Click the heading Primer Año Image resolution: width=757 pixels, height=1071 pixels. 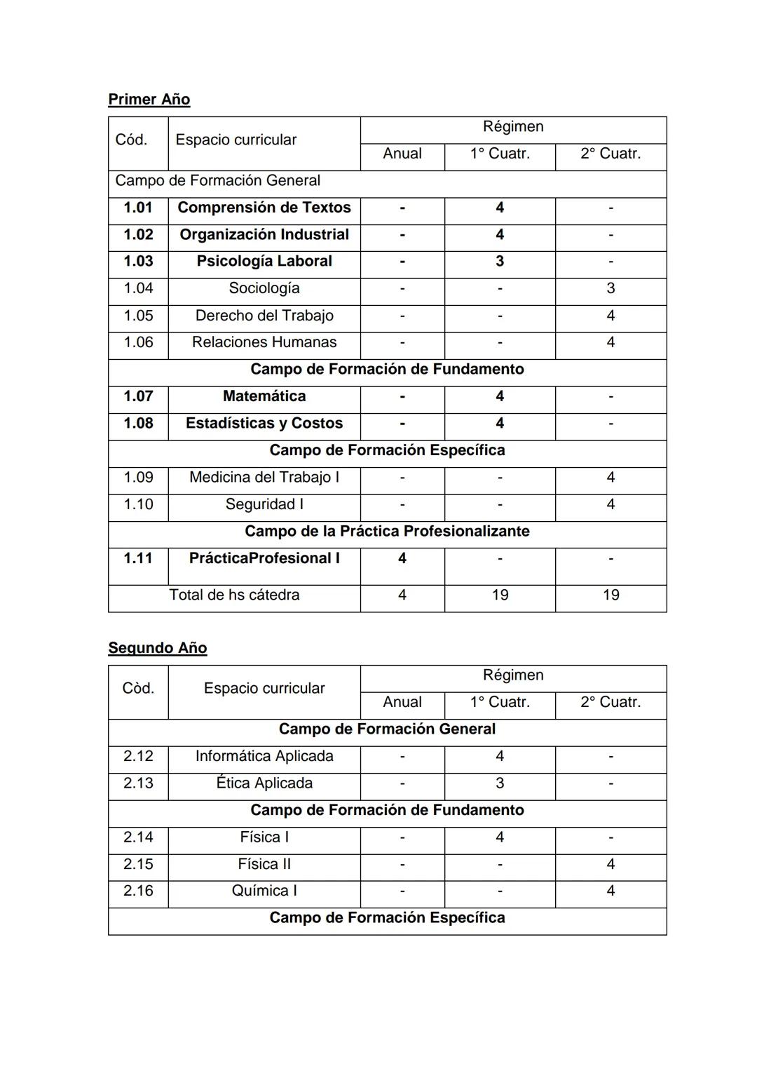[149, 100]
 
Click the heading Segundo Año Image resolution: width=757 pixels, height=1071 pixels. [157, 648]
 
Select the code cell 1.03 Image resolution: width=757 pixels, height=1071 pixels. [138, 262]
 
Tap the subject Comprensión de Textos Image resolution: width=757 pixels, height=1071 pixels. [264, 208]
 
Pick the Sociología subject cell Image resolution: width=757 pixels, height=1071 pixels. [264, 288]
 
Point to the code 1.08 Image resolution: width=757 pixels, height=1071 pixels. [138, 424]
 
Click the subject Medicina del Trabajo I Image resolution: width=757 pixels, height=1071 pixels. [264, 478]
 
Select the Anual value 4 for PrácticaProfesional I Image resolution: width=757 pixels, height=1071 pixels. [402, 558]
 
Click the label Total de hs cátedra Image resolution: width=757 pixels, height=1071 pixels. [234, 595]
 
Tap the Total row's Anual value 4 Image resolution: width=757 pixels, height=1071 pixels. [402, 595]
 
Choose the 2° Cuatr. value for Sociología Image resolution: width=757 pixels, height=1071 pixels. [611, 288]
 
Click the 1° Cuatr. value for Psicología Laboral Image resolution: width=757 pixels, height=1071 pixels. [500, 262]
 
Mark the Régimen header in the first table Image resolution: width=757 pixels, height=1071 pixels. [513, 127]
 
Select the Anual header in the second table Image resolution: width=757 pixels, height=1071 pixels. [402, 702]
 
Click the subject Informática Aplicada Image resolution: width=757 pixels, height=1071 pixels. [264, 756]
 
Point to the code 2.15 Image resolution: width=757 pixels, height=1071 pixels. [138, 864]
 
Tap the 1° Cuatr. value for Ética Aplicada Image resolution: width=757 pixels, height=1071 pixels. [500, 783]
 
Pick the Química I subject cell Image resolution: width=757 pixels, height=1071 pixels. [264, 891]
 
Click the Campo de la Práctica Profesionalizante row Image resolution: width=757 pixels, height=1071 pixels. [387, 532]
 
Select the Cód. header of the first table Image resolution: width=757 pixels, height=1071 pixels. [132, 140]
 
